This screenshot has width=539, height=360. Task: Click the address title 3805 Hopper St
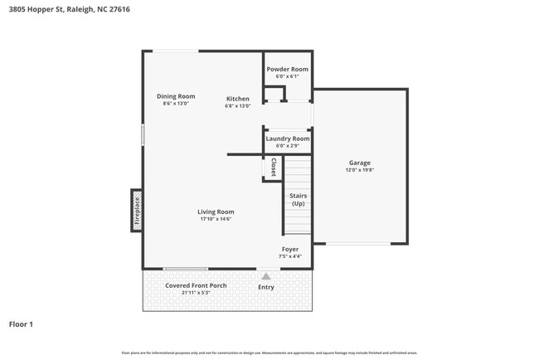(69, 9)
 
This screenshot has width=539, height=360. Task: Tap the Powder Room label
(287, 69)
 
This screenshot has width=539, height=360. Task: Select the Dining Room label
(176, 96)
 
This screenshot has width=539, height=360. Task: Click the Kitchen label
(237, 99)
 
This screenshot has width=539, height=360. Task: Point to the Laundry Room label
(287, 139)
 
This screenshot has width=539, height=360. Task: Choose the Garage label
(359, 163)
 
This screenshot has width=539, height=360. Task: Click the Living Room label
(215, 212)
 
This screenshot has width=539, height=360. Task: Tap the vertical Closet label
(273, 168)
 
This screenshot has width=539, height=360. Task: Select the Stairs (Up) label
(298, 200)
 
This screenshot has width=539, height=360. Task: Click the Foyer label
(289, 249)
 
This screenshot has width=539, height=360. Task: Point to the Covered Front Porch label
(195, 285)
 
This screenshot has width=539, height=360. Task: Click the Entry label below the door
(265, 287)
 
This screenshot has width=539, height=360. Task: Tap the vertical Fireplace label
(138, 211)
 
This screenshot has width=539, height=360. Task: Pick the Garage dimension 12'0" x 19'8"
(359, 170)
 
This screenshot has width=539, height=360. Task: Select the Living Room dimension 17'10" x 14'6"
(215, 219)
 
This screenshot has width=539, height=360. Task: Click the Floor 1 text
(21, 324)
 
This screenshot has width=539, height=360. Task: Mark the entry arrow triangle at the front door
(265, 276)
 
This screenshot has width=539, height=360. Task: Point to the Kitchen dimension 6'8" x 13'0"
(237, 106)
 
